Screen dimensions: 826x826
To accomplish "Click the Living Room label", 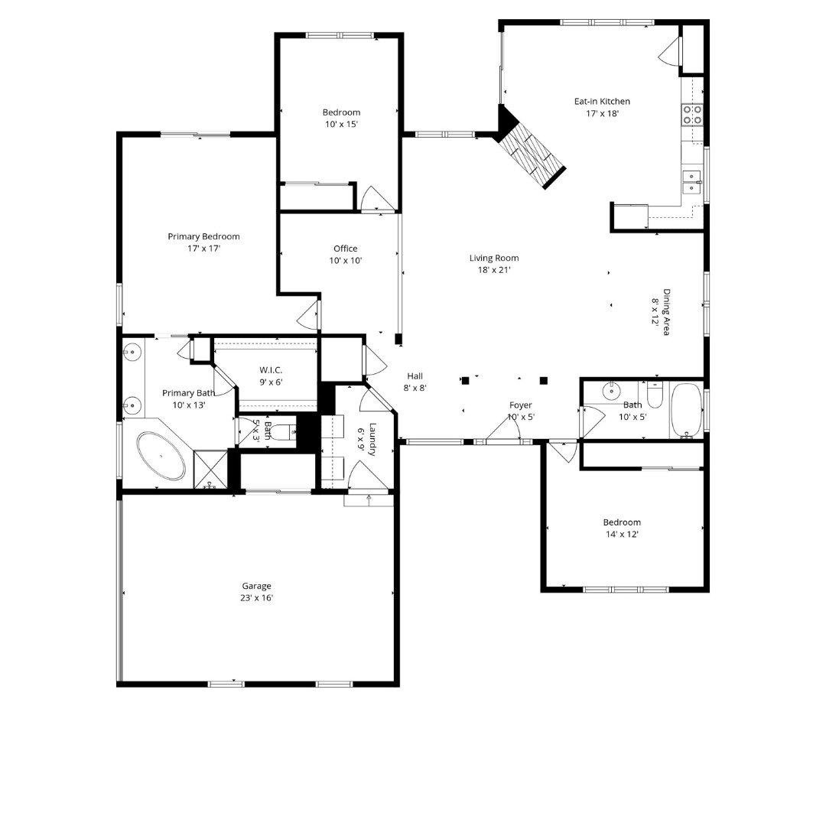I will [494, 259].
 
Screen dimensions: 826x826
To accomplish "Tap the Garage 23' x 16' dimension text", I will [256, 598].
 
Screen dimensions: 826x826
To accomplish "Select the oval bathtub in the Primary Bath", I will [161, 457].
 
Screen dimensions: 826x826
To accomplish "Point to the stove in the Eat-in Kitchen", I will [693, 115].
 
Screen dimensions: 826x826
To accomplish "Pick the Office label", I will [346, 249].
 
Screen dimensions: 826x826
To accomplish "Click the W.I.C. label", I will [271, 370].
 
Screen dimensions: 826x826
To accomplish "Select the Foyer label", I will [521, 405].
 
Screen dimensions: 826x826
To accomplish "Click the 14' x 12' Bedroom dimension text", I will [621, 535].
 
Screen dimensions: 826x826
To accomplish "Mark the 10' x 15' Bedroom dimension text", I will [341, 124].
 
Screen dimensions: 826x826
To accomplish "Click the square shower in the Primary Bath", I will [210, 470].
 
